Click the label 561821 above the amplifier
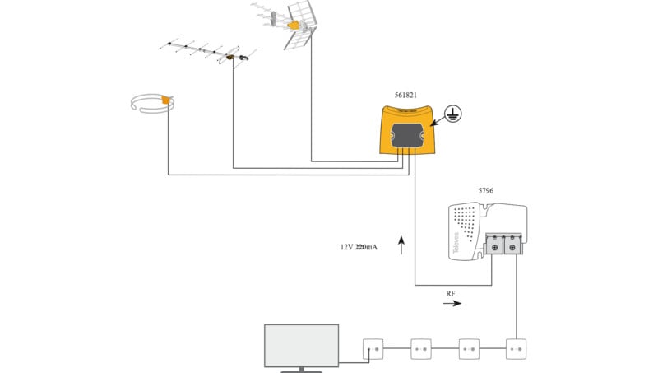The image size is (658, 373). [401, 96]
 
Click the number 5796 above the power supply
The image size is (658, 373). [487, 191]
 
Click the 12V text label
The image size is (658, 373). [347, 246]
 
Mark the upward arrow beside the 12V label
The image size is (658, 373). [401, 245]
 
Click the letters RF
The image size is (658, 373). [451, 293]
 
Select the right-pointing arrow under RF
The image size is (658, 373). [452, 304]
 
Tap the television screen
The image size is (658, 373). [301, 345]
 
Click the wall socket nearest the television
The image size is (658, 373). [373, 349]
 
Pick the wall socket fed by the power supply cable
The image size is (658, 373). [516, 349]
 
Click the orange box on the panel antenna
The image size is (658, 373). [294, 26]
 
